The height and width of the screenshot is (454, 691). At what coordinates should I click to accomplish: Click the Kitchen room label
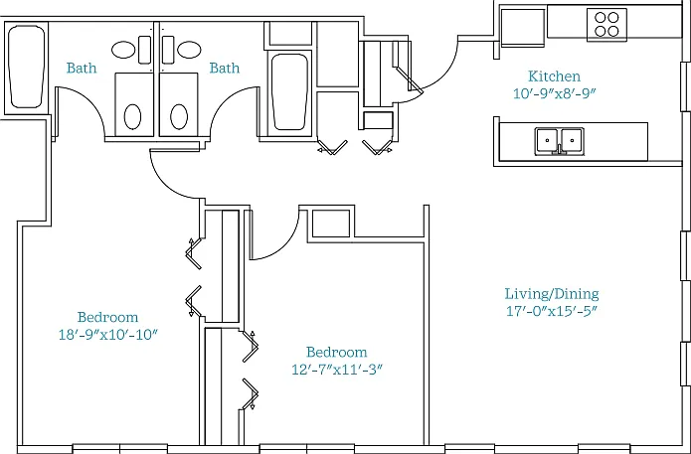click(x=554, y=76)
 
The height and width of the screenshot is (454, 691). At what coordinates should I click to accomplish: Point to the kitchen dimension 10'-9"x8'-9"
click(x=554, y=93)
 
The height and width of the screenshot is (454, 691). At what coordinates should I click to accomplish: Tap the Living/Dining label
click(x=552, y=294)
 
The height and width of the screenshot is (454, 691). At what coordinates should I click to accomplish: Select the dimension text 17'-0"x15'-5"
click(x=552, y=311)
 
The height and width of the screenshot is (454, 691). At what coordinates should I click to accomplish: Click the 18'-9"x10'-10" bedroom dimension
click(x=108, y=335)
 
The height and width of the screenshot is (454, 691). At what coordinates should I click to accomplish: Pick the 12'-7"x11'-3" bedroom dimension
click(x=337, y=370)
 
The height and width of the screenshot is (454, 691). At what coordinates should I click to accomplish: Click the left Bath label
click(x=82, y=68)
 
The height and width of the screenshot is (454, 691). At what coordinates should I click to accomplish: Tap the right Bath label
click(x=225, y=68)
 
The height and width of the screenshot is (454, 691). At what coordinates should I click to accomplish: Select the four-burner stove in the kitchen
click(x=606, y=25)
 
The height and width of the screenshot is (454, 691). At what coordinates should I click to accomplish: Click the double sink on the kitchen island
click(x=560, y=141)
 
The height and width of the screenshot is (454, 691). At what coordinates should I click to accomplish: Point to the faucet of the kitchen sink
click(x=560, y=149)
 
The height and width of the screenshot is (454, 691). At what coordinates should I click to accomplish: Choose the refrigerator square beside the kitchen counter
click(x=523, y=27)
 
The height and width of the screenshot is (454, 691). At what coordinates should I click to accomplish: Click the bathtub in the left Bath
click(x=27, y=67)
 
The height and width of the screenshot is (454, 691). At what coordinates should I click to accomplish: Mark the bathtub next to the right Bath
click(x=289, y=92)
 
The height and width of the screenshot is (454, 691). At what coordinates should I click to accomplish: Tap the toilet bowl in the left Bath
click(x=132, y=116)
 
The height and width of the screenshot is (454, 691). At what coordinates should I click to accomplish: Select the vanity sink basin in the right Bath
click(x=190, y=50)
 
